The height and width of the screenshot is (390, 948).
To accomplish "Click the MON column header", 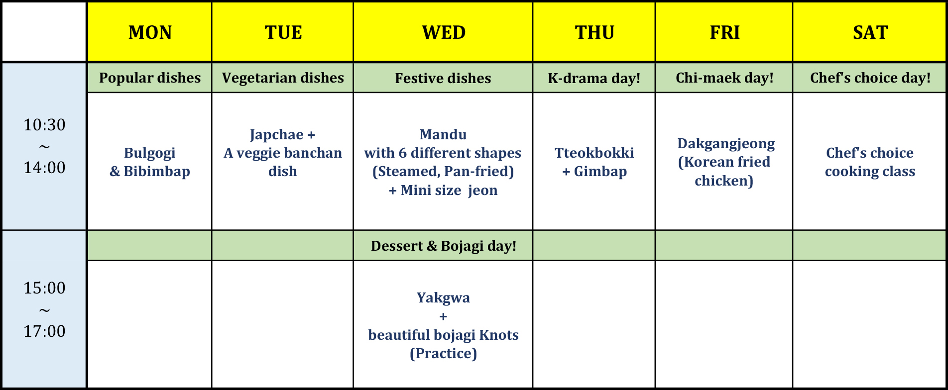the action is pos(150,33).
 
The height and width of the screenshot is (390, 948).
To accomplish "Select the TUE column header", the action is pos(283,33).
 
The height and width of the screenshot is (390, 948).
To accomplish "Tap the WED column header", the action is pos(444,33).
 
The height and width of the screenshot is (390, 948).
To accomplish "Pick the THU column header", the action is pos(594,33).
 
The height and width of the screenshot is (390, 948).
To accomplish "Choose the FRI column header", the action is pos(724,33).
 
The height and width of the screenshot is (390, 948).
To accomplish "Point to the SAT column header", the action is pos(870,33).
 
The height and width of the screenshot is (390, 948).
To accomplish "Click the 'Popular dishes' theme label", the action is pos(150,78).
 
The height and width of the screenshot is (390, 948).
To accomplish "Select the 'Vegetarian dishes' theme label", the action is pos(283,78).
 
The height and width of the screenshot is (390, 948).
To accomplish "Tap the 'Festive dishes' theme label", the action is pos(443,78).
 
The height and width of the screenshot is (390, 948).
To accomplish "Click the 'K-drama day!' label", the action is pos(594,78).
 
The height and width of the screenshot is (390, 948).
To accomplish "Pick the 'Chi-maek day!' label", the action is pos(724,78).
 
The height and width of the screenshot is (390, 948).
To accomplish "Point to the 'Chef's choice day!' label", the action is pos(870,78).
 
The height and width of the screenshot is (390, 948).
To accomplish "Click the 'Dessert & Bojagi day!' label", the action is pos(444,246).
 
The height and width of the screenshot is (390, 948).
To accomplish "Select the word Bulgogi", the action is pos(150,153).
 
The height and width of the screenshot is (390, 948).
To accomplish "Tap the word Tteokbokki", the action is pos(594,153).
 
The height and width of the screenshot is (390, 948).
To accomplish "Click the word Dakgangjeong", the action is pos(726,144).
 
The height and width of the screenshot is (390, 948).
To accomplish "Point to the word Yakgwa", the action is pos(443,298).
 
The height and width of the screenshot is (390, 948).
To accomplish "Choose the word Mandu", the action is pos(443,134).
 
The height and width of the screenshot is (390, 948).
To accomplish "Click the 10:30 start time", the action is pos(44,124).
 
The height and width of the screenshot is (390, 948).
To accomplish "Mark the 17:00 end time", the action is pos(44,331).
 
